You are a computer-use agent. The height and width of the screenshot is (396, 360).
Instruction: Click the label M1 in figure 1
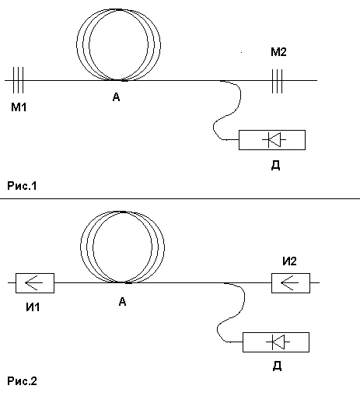click(19, 107)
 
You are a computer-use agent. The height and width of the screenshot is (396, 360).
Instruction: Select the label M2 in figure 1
click(278, 52)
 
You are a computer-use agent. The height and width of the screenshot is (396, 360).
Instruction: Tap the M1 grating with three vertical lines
click(18, 80)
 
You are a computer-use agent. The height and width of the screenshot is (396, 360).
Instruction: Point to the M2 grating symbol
click(277, 81)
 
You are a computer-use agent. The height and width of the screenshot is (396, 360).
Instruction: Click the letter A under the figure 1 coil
click(117, 97)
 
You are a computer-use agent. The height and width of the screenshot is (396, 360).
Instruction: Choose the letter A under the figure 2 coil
click(122, 301)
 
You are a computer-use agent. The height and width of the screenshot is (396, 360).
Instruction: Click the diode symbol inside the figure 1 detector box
click(274, 140)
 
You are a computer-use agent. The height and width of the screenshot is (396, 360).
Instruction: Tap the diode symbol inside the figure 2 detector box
click(278, 342)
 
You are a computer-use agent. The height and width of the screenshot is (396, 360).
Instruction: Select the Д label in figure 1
click(275, 165)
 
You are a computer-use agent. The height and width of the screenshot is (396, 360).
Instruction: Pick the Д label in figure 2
click(277, 366)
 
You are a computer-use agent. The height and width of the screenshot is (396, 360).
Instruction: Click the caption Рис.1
click(22, 186)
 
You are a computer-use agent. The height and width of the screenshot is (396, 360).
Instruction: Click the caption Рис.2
click(22, 381)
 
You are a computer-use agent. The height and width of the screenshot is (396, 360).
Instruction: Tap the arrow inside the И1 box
click(33, 282)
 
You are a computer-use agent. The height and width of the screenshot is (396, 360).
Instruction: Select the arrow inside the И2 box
click(289, 282)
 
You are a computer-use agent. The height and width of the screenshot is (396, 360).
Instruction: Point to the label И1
click(33, 307)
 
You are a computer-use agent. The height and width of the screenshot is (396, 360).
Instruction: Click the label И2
click(289, 261)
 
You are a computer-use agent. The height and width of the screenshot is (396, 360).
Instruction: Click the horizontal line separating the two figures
click(180, 198)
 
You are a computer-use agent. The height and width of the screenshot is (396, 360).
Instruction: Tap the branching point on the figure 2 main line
click(224, 282)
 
